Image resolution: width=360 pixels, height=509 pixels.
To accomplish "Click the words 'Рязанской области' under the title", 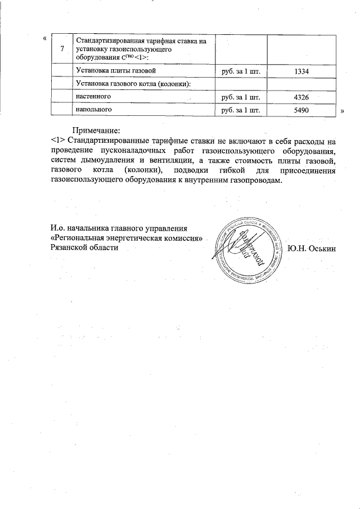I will coord(84,248).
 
